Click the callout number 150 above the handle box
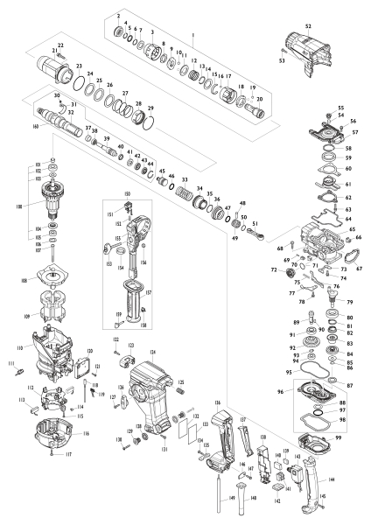pos(127,192)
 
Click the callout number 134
pos(153,352)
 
